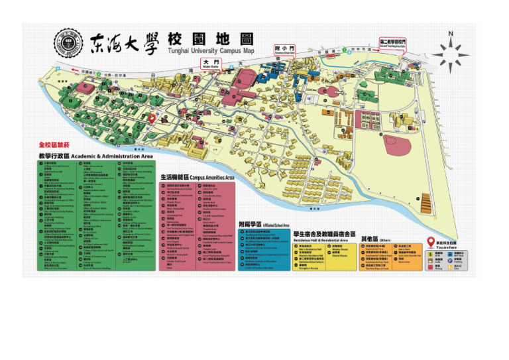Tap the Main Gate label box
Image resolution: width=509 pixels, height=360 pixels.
[211, 64]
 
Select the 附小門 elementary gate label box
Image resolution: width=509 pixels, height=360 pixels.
[283, 50]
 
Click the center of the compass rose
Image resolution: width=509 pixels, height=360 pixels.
[451, 53]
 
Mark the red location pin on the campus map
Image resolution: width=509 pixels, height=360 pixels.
[151, 117]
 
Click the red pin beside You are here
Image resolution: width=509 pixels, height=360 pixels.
[431, 243]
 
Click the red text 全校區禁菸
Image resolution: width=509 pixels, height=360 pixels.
[54, 145]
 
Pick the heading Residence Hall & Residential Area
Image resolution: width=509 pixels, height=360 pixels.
[326, 234]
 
